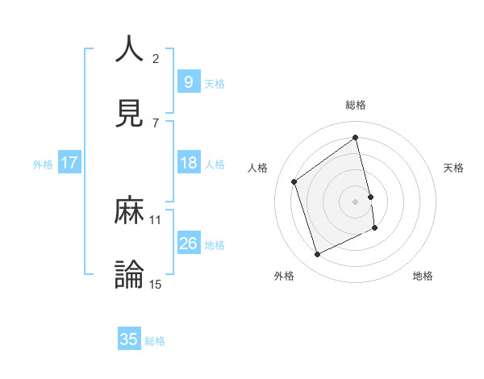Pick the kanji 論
click(129, 274)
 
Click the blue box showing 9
click(188, 81)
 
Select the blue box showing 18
click(188, 163)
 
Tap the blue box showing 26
click(188, 244)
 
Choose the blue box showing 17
click(69, 163)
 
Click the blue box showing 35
click(129, 339)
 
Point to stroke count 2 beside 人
click(156, 58)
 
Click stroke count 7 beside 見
click(156, 123)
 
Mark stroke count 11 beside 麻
click(156, 219)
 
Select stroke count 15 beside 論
click(156, 284)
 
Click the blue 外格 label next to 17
click(43, 164)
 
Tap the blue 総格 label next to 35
click(155, 341)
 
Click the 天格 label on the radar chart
click(453, 168)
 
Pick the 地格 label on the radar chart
click(423, 276)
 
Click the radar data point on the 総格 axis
click(356, 138)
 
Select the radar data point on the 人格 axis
click(294, 181)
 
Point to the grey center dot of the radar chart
click(356, 201)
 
